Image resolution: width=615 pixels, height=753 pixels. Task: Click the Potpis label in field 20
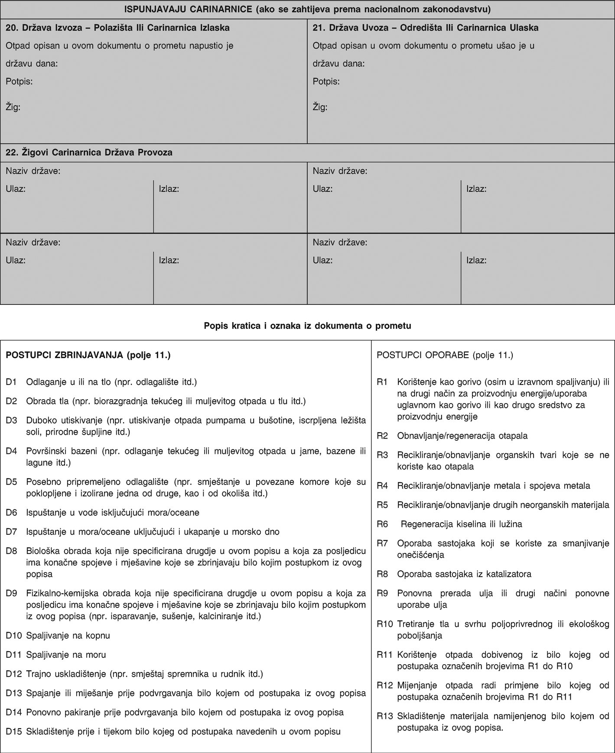[x=19, y=81]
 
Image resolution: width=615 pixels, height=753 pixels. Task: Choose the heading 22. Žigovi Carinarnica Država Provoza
[x=89, y=152]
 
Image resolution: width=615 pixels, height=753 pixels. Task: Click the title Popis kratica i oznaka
[x=307, y=326]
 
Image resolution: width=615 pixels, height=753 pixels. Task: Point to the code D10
[x=13, y=636]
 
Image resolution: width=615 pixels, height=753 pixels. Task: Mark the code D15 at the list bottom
[x=13, y=732]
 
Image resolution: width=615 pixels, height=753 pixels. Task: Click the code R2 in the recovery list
[x=382, y=436]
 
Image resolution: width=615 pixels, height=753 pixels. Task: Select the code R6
[x=382, y=524]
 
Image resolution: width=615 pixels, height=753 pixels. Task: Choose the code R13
[x=384, y=716]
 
